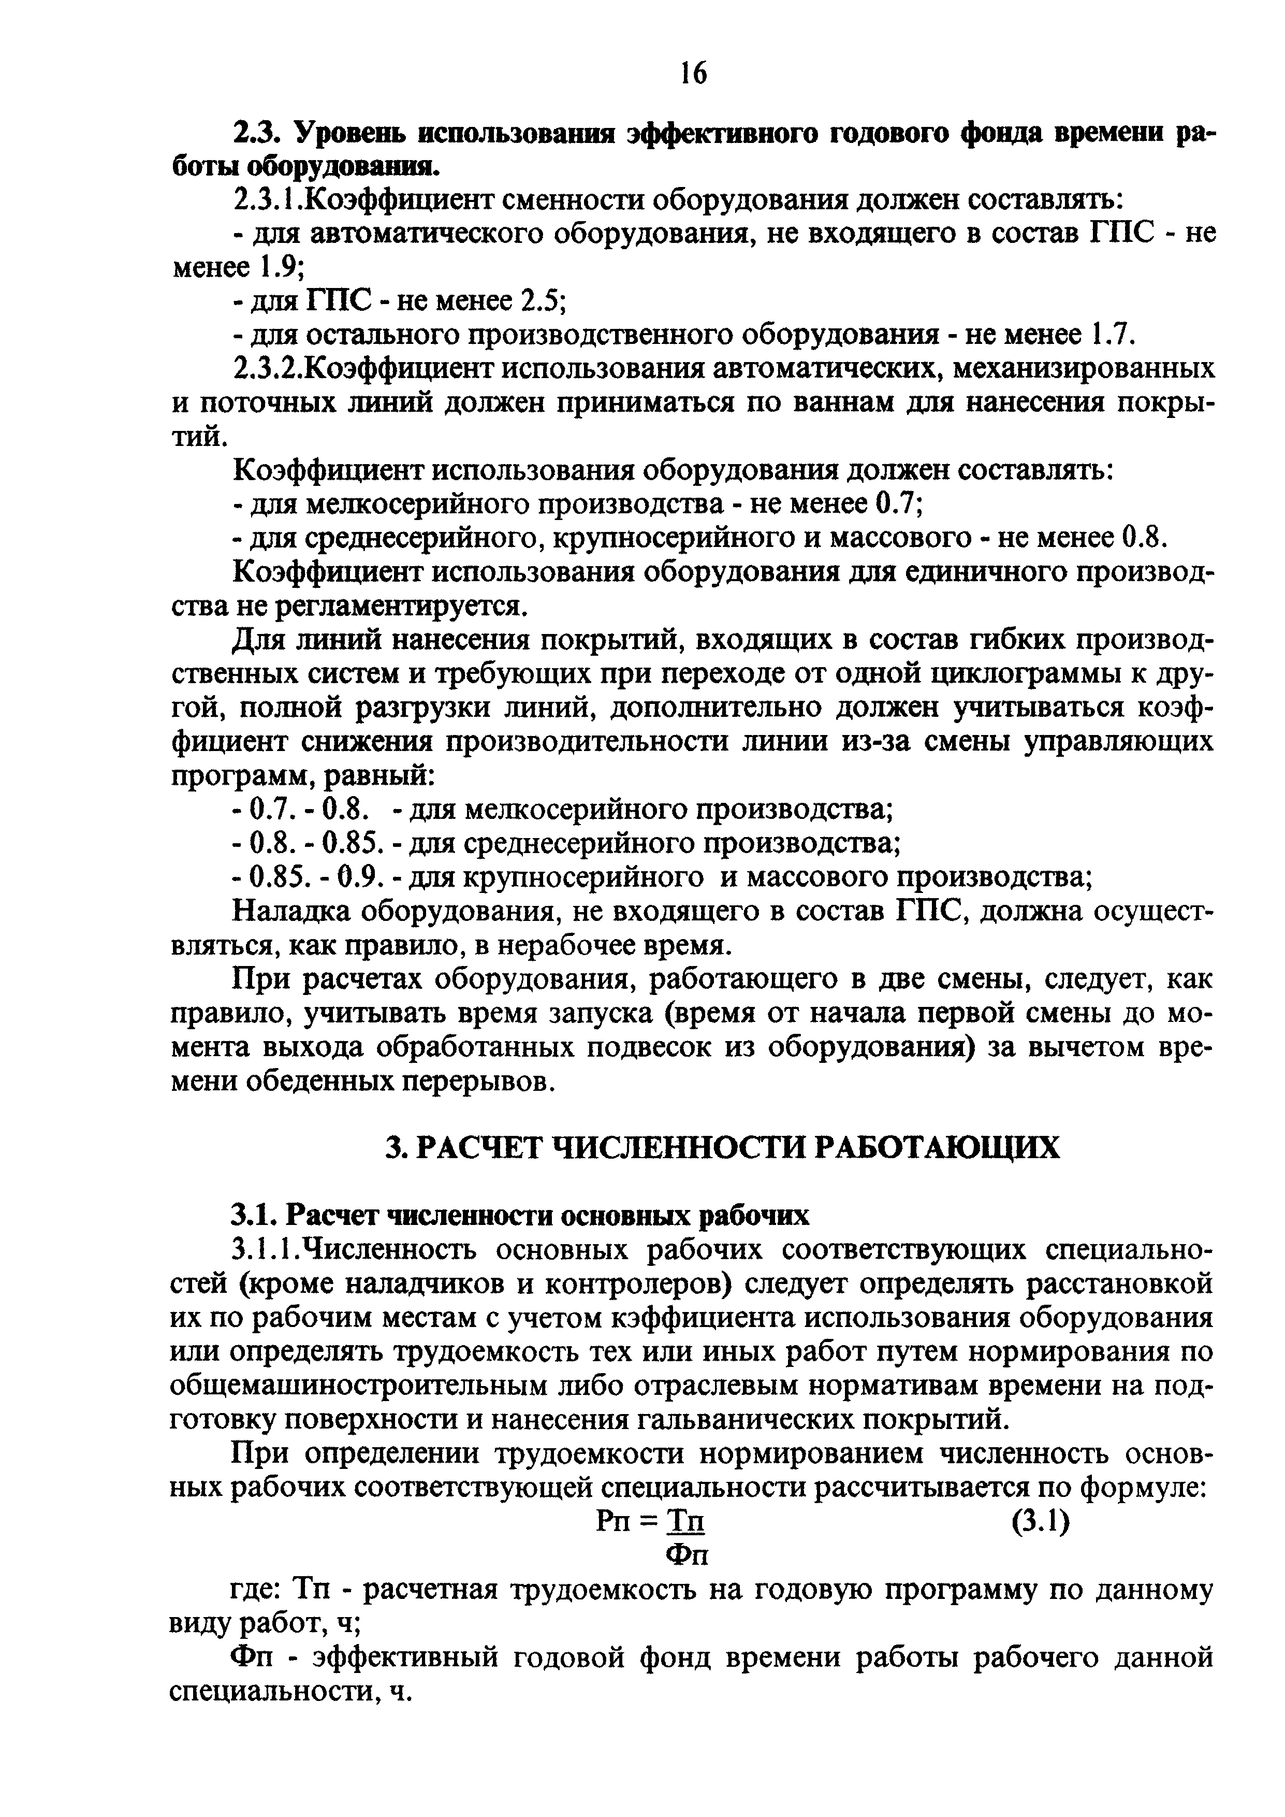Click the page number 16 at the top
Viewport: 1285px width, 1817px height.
693,74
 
